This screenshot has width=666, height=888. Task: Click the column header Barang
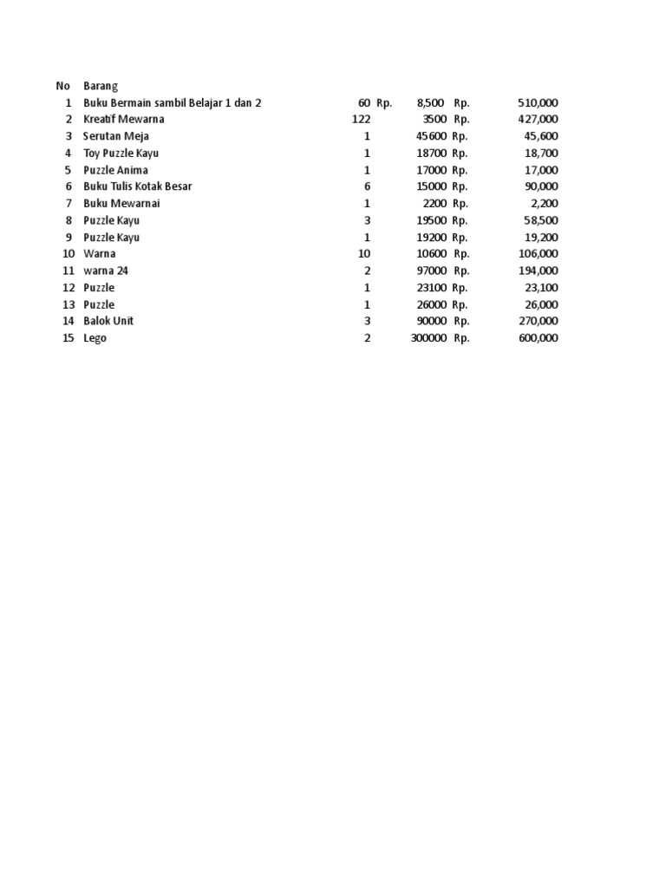click(101, 86)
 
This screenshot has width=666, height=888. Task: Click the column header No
click(62, 86)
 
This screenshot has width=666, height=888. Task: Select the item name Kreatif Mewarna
click(123, 119)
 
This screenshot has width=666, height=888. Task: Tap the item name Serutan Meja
click(115, 136)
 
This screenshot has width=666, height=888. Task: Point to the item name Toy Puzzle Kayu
click(121, 153)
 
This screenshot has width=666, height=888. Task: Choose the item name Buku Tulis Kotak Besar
click(137, 186)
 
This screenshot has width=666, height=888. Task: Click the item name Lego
click(95, 338)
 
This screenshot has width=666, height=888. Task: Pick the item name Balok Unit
click(108, 321)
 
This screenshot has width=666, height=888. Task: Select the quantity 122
click(361, 119)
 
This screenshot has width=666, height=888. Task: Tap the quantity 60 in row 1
click(363, 102)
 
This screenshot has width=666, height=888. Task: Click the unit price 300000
click(428, 338)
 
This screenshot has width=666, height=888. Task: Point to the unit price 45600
click(431, 136)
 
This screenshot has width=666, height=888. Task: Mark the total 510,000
click(538, 102)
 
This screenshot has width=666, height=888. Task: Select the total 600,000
click(538, 338)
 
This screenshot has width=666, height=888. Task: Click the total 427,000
click(538, 119)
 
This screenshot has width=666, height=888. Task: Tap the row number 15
click(68, 338)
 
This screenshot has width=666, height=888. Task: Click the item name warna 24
click(105, 271)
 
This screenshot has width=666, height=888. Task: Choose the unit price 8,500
click(430, 102)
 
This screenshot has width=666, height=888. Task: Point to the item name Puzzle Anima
click(115, 170)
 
